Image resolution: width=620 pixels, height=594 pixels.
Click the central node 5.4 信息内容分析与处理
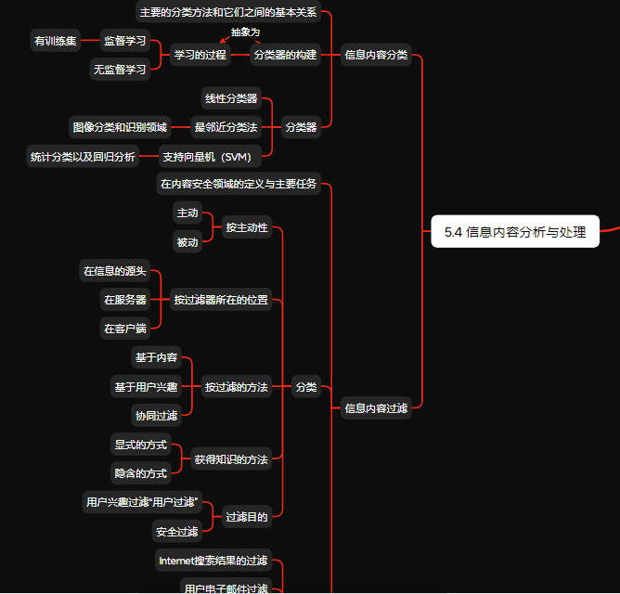[x=514, y=232]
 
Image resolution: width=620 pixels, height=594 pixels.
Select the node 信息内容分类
[x=376, y=55]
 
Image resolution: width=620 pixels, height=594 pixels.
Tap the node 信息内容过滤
[x=376, y=407]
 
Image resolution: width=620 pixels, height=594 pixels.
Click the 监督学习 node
[x=125, y=41]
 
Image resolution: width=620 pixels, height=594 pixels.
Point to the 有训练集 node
[x=56, y=41]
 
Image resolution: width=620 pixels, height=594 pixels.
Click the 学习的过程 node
[x=200, y=55]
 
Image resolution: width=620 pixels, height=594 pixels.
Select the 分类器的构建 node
[x=285, y=55]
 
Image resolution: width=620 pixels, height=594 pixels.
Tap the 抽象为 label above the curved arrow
[x=245, y=32]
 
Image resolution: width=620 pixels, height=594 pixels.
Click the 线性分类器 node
[x=231, y=98]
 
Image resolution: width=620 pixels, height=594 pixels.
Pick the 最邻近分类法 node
[x=226, y=126]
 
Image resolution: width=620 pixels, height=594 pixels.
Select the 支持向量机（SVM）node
[x=213, y=156]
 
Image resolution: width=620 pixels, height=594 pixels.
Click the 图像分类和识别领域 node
[x=120, y=126]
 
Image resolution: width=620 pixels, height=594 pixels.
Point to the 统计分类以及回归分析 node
[x=83, y=156]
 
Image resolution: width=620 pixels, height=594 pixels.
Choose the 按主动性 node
[x=247, y=227]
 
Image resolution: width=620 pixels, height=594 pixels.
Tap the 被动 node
[x=187, y=242]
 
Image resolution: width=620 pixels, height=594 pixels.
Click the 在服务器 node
[x=125, y=300]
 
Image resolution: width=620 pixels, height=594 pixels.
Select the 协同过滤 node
[x=156, y=416]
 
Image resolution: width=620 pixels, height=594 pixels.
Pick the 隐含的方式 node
[x=141, y=473]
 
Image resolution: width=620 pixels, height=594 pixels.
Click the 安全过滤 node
[x=177, y=532]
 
